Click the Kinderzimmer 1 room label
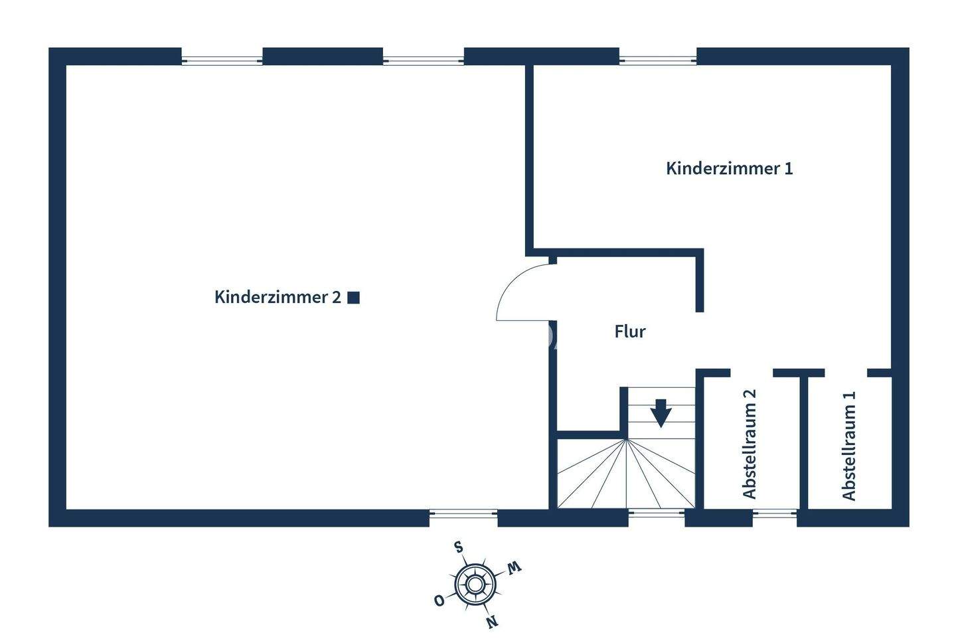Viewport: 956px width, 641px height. click(729, 168)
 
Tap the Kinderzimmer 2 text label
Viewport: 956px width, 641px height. click(278, 298)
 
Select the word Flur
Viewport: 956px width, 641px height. click(629, 331)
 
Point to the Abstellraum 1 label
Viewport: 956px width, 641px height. click(849, 445)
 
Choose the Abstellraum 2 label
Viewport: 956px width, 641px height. click(750, 444)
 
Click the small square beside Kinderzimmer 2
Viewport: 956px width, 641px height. click(354, 298)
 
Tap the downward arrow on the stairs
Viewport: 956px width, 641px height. click(661, 412)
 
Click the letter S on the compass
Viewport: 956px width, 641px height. click(457, 547)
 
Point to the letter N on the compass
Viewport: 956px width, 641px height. click(492, 622)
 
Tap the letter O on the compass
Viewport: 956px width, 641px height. click(439, 600)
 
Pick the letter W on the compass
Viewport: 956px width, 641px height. click(515, 567)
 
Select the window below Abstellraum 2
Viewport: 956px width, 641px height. click(774, 513)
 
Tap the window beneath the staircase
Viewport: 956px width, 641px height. click(656, 513)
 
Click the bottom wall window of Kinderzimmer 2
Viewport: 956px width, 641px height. click(463, 513)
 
